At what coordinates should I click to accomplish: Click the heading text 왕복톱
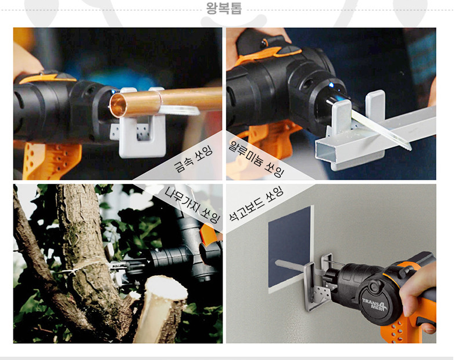[x=224, y=8]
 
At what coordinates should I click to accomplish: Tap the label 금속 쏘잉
[x=194, y=159]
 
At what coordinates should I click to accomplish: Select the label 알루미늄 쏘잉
[x=256, y=158]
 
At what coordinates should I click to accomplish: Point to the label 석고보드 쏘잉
[x=256, y=204]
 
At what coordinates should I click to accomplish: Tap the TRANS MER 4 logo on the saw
[x=375, y=304]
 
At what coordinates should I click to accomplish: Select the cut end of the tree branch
[x=167, y=289]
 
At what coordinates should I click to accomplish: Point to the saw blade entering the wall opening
[x=291, y=266]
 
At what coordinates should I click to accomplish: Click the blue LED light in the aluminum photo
[x=331, y=85]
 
